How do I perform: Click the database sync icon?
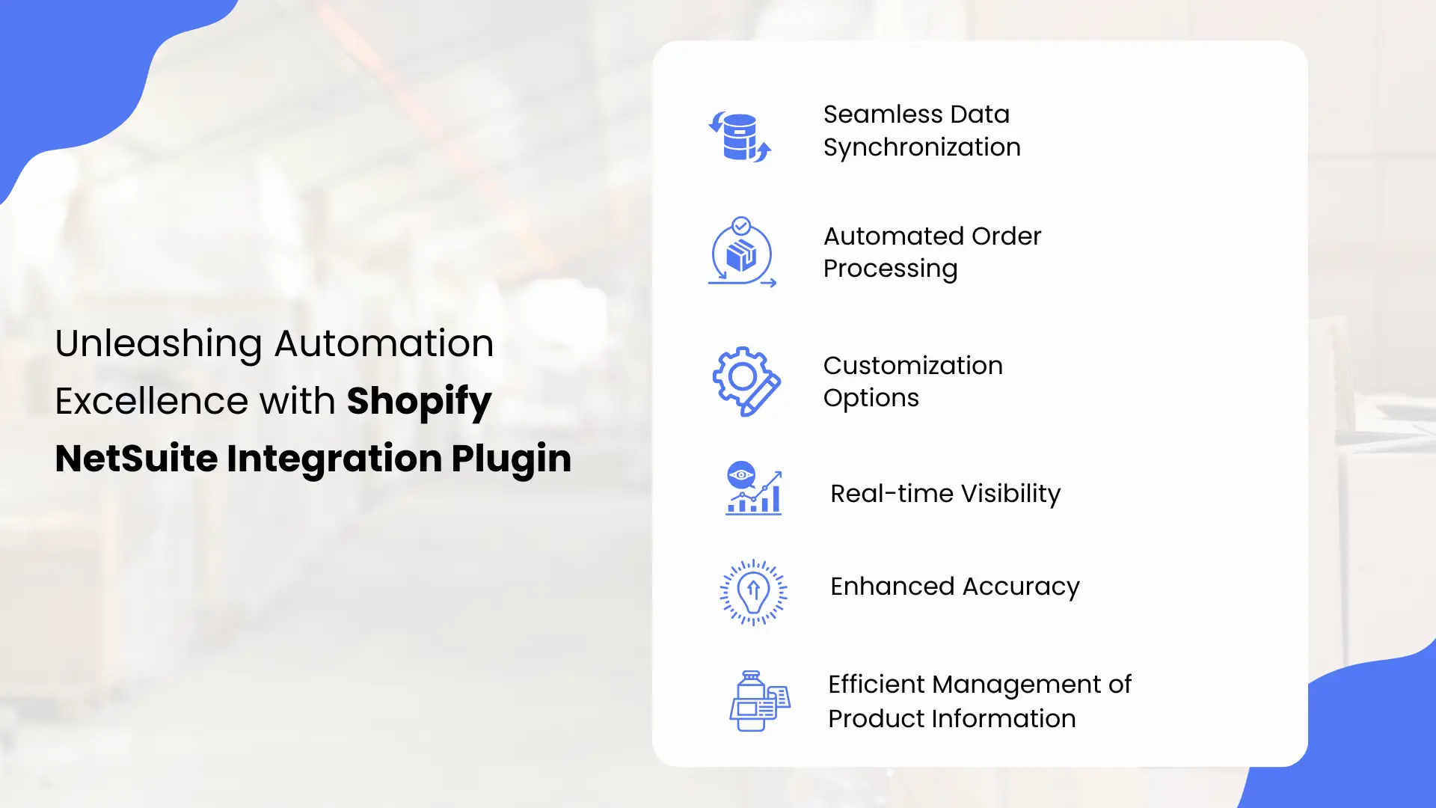tap(740, 137)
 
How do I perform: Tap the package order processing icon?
tap(741, 253)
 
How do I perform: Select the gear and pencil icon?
tap(746, 381)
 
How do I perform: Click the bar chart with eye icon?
tap(753, 488)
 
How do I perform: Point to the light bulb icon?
tap(753, 592)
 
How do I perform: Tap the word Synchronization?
tap(921, 147)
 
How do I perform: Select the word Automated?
tap(893, 236)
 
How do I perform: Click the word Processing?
tap(890, 269)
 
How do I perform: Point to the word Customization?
tap(912, 366)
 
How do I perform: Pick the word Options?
tap(871, 398)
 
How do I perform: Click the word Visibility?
tap(1010, 494)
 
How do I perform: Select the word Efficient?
tap(876, 685)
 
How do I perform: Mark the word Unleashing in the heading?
tap(159, 344)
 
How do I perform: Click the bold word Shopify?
tap(419, 402)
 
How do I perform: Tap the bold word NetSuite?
tap(137, 459)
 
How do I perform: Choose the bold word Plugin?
tap(511, 459)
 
